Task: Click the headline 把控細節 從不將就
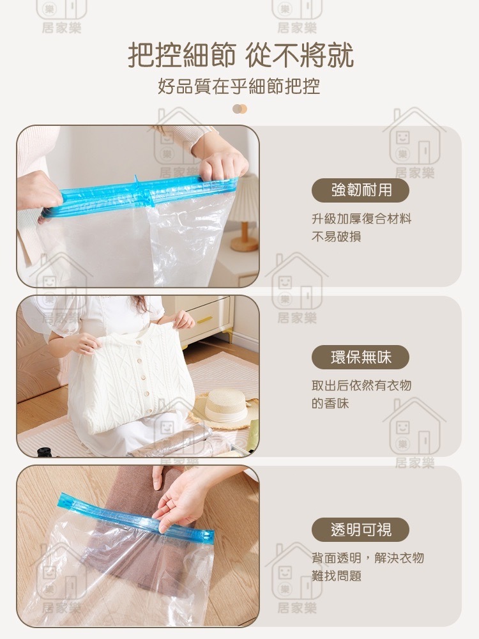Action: [x=241, y=56]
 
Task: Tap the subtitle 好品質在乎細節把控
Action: [x=239, y=86]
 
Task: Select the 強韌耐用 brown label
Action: [x=360, y=190]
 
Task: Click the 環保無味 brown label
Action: [x=360, y=357]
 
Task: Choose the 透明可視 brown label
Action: [x=360, y=530]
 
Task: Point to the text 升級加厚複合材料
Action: [x=361, y=219]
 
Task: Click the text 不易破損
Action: [x=337, y=237]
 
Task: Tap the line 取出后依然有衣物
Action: [x=361, y=385]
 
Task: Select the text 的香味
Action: [x=330, y=403]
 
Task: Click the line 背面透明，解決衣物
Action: [x=368, y=558]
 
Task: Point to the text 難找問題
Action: [x=337, y=576]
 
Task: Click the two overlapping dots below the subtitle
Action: [x=240, y=109]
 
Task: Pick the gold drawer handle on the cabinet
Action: [x=205, y=319]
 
